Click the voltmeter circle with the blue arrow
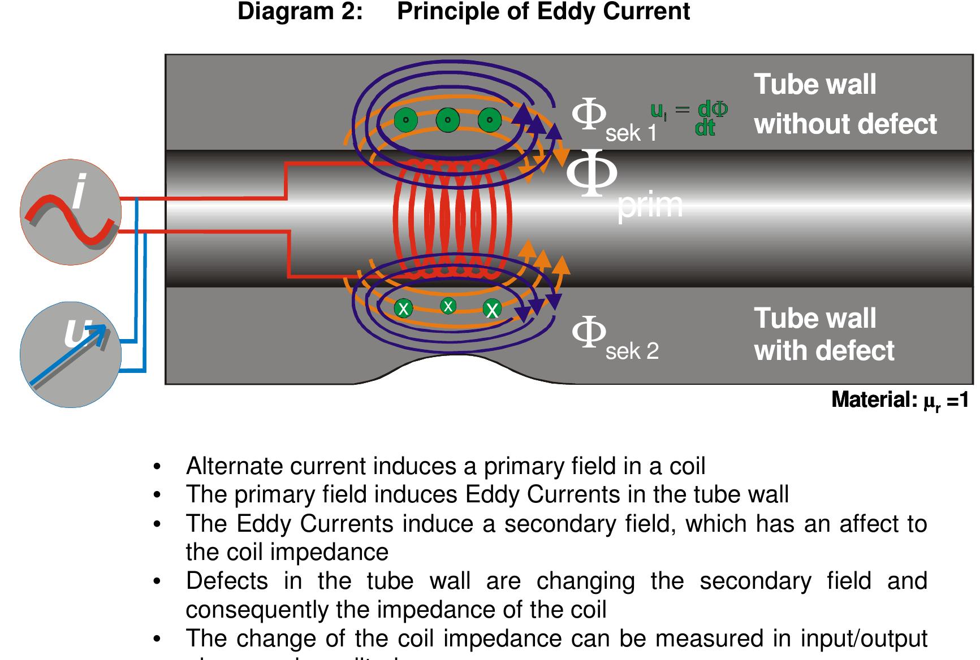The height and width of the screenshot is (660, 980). pos(71,355)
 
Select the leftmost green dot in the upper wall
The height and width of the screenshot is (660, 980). pos(405,120)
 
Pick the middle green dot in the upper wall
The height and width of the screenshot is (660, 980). pos(448,120)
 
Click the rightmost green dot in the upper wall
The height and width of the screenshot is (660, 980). pos(490,120)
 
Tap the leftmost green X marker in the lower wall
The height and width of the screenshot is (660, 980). pos(403,309)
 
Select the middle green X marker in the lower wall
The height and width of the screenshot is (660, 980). pos(448,306)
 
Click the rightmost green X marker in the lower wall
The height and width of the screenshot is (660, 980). pos(492,309)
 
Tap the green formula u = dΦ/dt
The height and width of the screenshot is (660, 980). pos(689,118)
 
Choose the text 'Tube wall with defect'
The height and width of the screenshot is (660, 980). pos(824,335)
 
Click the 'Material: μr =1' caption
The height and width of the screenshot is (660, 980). pos(900,401)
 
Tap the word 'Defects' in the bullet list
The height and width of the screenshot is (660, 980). pos(227,581)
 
